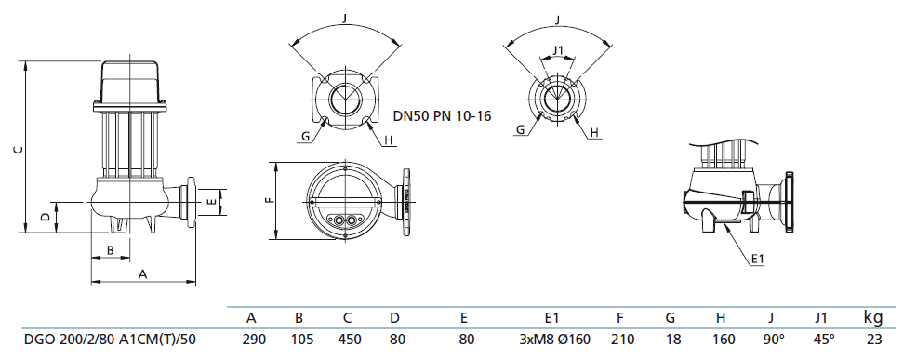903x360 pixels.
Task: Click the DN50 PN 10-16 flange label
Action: (442, 116)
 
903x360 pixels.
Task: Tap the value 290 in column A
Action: (254, 340)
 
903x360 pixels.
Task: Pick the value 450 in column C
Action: (349, 340)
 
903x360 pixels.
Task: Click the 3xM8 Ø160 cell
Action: (555, 340)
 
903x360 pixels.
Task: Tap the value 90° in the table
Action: (774, 340)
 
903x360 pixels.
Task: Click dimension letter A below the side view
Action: (142, 273)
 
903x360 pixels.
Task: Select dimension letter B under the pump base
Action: (111, 250)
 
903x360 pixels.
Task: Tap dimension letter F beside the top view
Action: (269, 200)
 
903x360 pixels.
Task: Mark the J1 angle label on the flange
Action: (558, 49)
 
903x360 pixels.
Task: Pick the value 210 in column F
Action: (620, 340)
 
